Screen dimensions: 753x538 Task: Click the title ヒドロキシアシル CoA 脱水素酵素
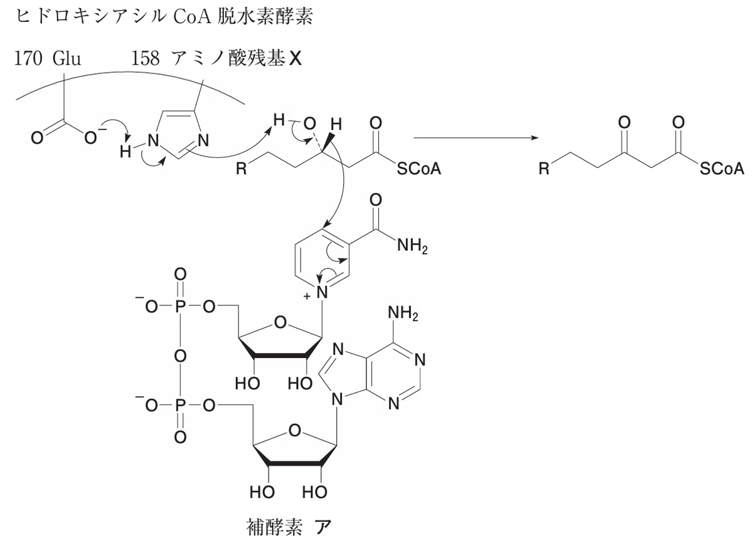[164, 17]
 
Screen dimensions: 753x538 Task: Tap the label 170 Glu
[48, 58]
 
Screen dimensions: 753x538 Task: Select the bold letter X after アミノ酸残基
[295, 59]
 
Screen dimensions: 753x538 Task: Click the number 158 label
[145, 58]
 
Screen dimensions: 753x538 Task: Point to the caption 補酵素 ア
[289, 527]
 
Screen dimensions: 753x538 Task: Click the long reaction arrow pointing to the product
[476, 138]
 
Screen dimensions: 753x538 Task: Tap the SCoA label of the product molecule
[722, 168]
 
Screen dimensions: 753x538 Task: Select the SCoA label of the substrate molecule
[419, 168]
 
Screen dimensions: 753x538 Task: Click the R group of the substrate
[241, 168]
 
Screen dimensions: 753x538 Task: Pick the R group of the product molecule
[544, 168]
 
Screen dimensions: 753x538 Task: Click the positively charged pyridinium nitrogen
[322, 292]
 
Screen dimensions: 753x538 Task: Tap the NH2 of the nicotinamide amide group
[412, 246]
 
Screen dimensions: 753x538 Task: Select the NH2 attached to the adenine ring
[403, 313]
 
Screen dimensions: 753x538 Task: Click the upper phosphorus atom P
[180, 307]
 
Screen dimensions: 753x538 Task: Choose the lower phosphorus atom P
[180, 406]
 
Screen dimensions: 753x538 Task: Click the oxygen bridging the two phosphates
[180, 356]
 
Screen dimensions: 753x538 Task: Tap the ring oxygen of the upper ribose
[280, 322]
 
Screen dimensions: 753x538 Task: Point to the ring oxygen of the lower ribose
[295, 431]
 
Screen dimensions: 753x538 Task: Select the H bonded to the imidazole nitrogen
[125, 152]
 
